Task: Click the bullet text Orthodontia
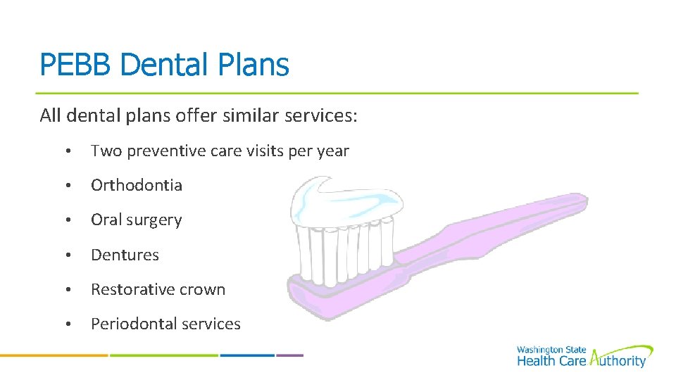coord(137,185)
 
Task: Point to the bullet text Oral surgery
coord(137,220)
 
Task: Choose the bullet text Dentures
coord(125,255)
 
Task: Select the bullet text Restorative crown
coord(158,289)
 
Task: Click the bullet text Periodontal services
coord(166,324)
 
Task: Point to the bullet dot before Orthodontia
coord(67,186)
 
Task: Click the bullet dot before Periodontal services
coord(67,324)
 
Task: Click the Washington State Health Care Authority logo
coord(584,357)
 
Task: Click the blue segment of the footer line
coord(247,355)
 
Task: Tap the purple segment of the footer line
coord(289,355)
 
